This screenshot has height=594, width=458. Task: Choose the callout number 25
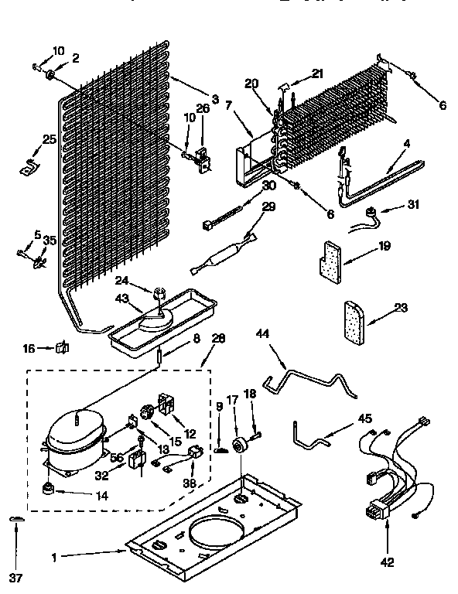click(28, 139)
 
